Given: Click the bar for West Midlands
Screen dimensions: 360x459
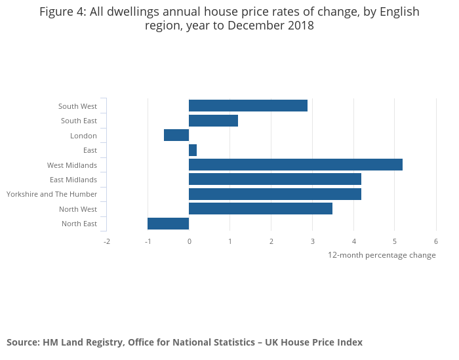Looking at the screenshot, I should pyautogui.click(x=295, y=165).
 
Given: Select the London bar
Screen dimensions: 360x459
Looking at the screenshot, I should pyautogui.click(x=176, y=135).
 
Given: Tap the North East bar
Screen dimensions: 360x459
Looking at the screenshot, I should pyautogui.click(x=168, y=224).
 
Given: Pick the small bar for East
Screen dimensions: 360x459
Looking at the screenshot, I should pyautogui.click(x=193, y=150).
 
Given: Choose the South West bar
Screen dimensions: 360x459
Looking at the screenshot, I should pyautogui.click(x=248, y=106).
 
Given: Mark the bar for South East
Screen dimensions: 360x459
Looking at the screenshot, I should pyautogui.click(x=213, y=121).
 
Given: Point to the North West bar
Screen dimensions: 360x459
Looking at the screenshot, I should pyautogui.click(x=260, y=209).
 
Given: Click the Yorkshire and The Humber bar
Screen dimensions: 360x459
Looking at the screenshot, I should pyautogui.click(x=275, y=194).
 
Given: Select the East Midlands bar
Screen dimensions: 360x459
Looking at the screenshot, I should pyautogui.click(x=275, y=179).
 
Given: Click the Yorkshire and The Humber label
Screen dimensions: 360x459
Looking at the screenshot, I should pyautogui.click(x=52, y=194).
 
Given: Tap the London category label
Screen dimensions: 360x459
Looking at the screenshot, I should pyautogui.click(x=83, y=136).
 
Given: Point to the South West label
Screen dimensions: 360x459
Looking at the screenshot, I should pyautogui.click(x=77, y=106).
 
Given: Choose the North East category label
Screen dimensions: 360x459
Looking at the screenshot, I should pyautogui.click(x=79, y=224).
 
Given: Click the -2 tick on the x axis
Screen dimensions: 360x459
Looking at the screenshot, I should pyautogui.click(x=106, y=241).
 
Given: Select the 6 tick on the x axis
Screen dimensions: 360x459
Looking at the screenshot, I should pyautogui.click(x=435, y=241).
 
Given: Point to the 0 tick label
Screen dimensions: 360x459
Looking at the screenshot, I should pyautogui.click(x=189, y=241).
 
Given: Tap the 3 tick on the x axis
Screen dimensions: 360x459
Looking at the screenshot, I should pyautogui.click(x=312, y=241).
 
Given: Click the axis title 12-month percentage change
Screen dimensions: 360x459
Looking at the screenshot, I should pyautogui.click(x=382, y=255).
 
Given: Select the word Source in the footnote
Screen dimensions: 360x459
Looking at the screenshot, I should pyautogui.click(x=22, y=342).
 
